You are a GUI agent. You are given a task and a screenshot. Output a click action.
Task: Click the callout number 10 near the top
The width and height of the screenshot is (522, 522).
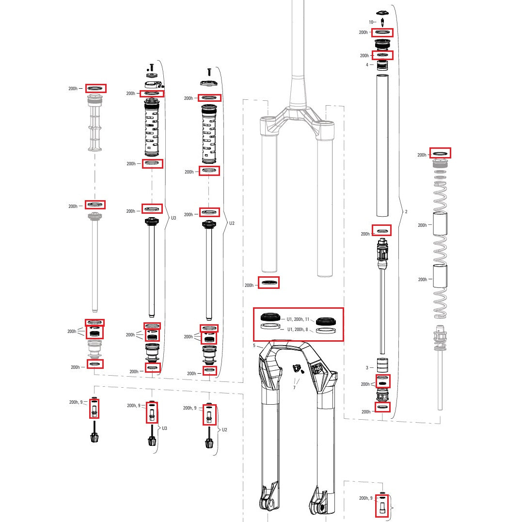[371, 22]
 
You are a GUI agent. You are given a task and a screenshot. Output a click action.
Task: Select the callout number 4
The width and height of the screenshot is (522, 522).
[367, 64]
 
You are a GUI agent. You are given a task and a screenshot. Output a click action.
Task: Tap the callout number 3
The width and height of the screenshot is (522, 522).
[367, 368]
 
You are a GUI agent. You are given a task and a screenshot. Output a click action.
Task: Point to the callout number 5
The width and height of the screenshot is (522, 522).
[253, 346]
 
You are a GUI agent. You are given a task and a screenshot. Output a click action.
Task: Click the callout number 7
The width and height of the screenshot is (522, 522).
[294, 388]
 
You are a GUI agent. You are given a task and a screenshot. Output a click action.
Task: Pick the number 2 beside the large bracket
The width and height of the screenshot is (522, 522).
[406, 212]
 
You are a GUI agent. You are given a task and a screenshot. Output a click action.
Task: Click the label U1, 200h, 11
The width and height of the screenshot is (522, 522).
[298, 319]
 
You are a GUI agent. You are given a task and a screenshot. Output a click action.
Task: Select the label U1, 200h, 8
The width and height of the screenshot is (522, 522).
[298, 330]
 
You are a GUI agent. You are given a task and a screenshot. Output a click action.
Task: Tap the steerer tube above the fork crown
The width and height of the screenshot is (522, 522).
[297, 48]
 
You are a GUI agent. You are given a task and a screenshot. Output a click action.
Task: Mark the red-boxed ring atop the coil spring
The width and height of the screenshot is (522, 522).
[441, 153]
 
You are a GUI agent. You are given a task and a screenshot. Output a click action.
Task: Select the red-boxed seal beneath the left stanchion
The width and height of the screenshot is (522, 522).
[269, 283]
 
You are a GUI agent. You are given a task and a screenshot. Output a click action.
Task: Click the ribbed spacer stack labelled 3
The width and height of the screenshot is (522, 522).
[383, 364]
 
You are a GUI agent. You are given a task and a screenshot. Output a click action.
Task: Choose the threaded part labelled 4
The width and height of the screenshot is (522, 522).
[382, 64]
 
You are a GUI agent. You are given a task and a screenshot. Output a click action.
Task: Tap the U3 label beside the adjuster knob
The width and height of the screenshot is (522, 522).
[164, 428]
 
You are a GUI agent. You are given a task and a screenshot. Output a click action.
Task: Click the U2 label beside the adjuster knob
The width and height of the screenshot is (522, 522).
[224, 430]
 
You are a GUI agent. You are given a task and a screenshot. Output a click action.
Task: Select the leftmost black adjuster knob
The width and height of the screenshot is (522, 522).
[95, 437]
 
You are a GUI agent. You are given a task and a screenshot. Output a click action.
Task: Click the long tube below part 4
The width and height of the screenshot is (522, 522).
[383, 145]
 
